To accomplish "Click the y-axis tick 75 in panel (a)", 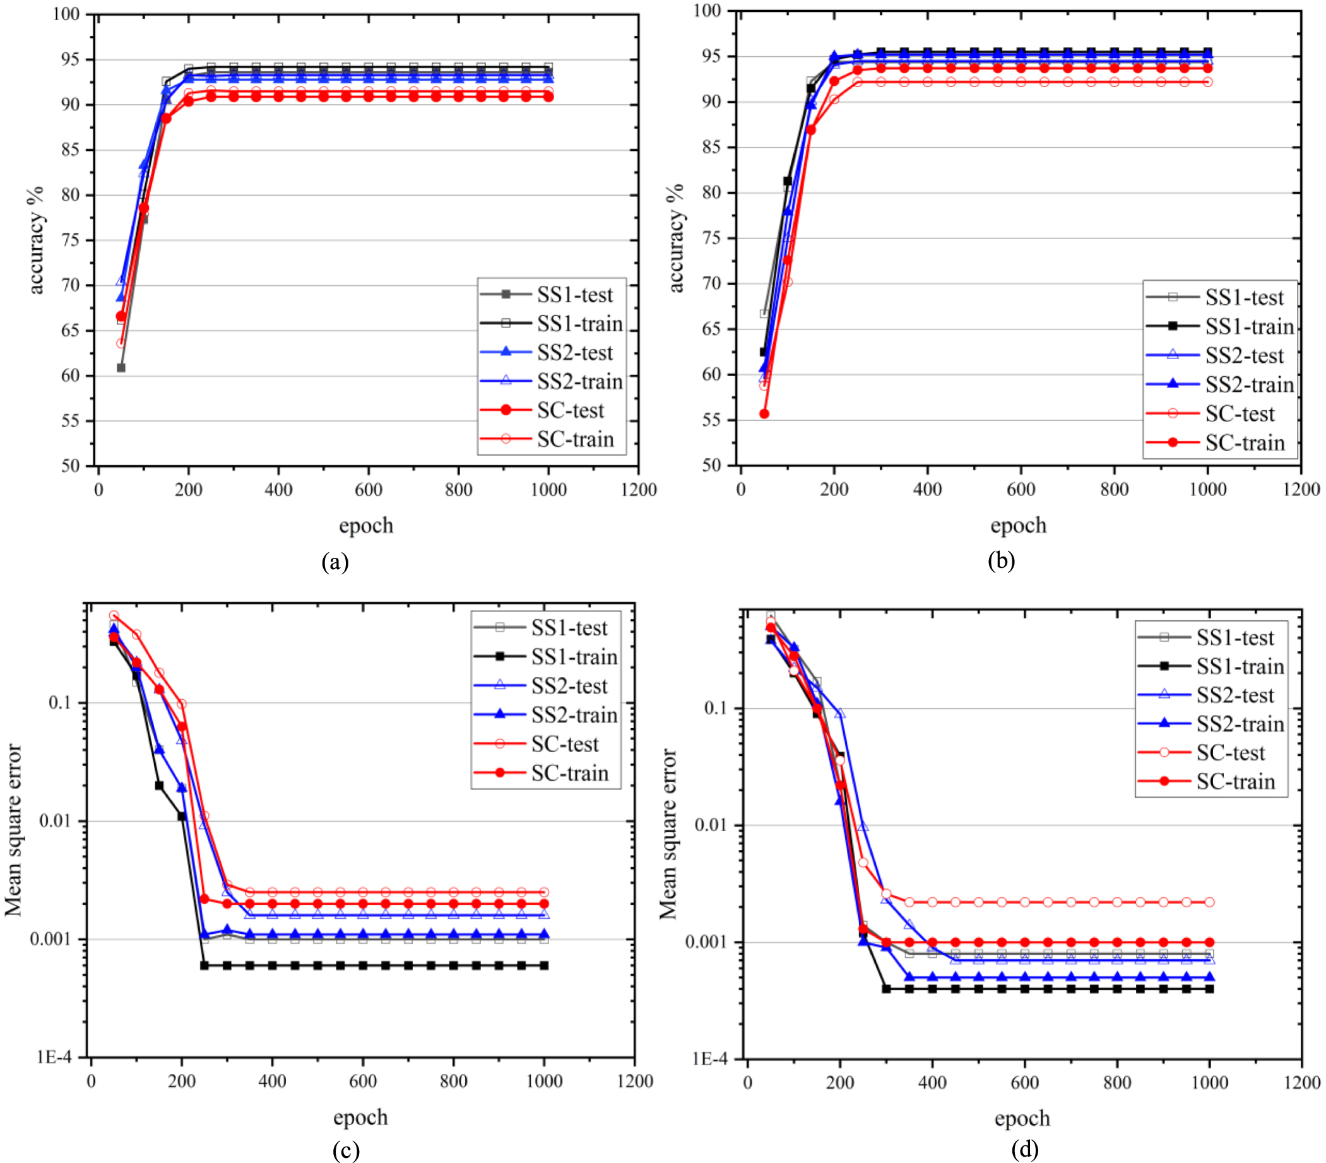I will pos(70,240).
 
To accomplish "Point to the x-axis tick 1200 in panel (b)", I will pos(1301,489).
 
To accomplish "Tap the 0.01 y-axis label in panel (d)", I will pos(712,825).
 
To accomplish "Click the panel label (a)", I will pos(334,562).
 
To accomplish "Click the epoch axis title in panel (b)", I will pos(1018,526).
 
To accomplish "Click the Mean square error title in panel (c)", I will pos(15,830).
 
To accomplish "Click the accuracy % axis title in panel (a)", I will pos(36,240).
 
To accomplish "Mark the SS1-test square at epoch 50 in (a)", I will pos(121,368).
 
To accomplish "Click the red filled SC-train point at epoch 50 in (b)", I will pos(764,414).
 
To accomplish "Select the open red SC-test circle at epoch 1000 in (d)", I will pos(1209,902).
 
